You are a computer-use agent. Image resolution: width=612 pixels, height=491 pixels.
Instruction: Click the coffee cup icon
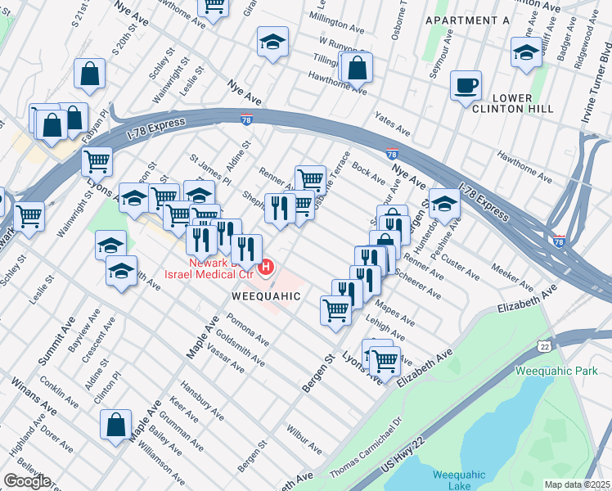point(466,86)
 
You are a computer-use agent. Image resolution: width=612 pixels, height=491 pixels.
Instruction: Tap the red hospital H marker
point(266,267)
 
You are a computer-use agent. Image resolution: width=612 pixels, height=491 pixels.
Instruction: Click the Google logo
point(27,481)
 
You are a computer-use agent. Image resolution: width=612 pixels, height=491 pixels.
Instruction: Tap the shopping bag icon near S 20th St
point(89,74)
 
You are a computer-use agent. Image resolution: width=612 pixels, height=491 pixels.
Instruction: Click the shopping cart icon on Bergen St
point(335,312)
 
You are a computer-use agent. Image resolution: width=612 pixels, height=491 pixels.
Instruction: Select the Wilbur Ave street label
point(303,438)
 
